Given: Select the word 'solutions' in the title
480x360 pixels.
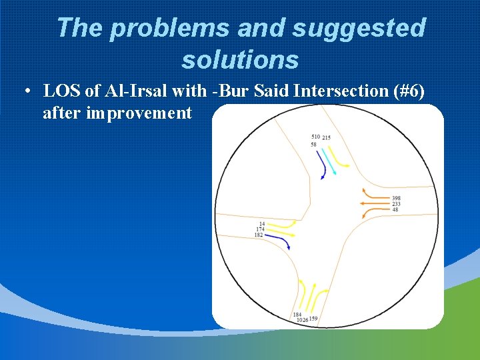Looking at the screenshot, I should point(240,60).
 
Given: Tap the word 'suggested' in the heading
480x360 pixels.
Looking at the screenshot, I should point(359,28).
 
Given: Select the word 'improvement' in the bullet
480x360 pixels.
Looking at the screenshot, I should point(139,113).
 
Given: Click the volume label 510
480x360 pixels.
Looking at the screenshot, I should point(315,137).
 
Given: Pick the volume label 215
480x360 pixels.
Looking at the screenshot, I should point(326,137).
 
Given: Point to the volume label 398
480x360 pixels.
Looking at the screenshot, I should point(396,198).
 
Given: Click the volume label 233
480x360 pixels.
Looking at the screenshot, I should point(396,204).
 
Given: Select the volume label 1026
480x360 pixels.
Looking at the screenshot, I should point(302,321).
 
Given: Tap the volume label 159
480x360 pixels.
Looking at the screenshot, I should point(313,319).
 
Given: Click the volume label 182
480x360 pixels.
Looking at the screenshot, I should point(259,235).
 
